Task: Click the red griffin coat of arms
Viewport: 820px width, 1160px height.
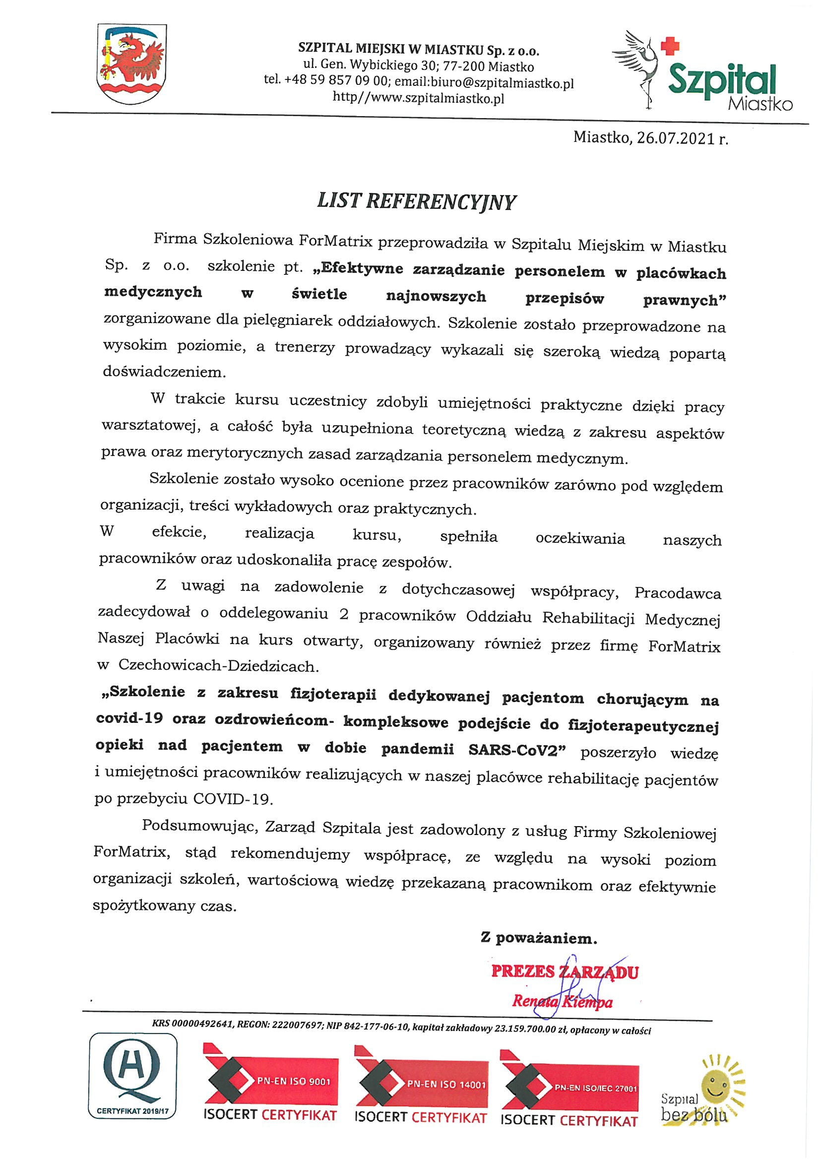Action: [132, 64]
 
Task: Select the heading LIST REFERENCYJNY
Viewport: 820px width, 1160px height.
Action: [416, 201]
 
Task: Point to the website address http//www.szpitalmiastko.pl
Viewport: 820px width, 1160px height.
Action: [418, 98]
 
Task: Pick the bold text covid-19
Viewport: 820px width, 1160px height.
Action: [129, 718]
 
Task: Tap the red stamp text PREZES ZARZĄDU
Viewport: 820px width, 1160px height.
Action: [565, 971]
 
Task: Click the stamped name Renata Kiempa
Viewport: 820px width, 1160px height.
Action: [562, 1001]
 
